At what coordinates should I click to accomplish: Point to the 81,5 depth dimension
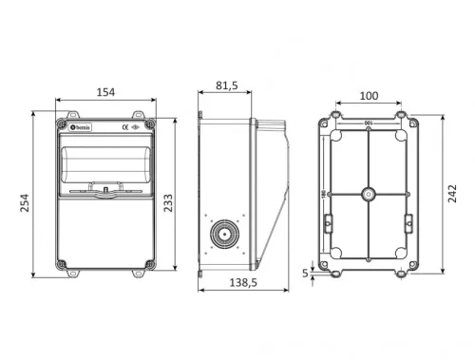coord(226,85)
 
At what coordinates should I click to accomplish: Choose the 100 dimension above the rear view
coord(368,96)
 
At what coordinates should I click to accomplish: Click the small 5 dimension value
coord(305,273)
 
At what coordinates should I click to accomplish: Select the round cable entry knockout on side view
coord(225,233)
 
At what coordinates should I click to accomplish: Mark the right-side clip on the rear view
coord(408,221)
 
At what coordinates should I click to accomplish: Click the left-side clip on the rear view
coord(328,221)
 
